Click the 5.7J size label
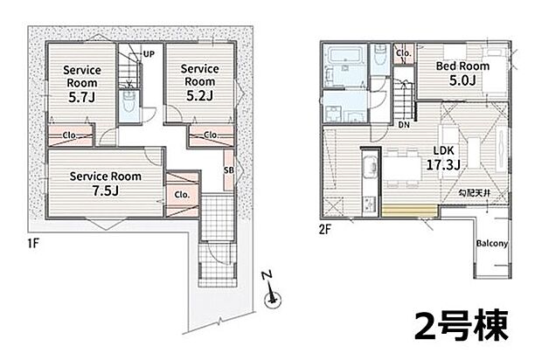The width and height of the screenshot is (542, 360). (x=81, y=98)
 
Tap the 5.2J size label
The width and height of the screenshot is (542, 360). (x=199, y=96)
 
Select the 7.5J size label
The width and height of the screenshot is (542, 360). (x=106, y=190)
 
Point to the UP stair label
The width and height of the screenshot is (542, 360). (x=149, y=54)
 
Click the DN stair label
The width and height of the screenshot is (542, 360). (x=404, y=125)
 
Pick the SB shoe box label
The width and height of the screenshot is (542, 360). (x=229, y=170)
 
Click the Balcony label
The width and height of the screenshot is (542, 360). (x=492, y=244)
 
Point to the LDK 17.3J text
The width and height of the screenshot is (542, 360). (x=443, y=158)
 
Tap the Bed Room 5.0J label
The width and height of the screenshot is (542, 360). (x=462, y=73)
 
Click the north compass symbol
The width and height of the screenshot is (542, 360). (x=272, y=293)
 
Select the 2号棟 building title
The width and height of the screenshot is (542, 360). (x=462, y=325)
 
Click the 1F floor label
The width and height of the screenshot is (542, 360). (x=33, y=243)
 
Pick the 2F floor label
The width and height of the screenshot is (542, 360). (x=325, y=230)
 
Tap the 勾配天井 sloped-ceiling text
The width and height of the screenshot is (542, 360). (x=474, y=193)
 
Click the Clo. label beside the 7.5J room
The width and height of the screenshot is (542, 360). (x=182, y=195)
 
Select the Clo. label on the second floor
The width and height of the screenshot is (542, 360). (x=403, y=53)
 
